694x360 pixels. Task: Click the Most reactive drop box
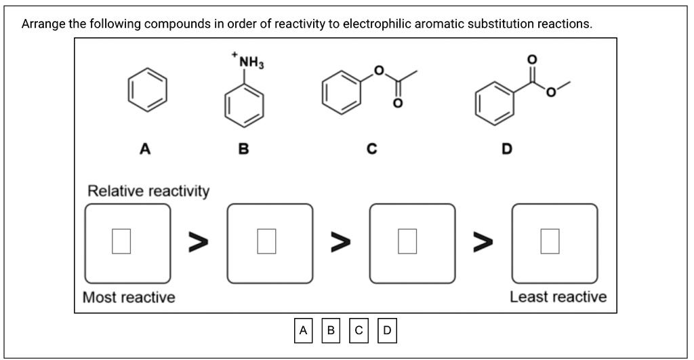[x=127, y=243]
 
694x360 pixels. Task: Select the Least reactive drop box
[x=554, y=243]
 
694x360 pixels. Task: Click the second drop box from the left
[x=270, y=243]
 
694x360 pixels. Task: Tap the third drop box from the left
[x=412, y=243]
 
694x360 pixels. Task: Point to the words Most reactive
[x=129, y=297]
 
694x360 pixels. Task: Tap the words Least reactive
[x=558, y=297]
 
